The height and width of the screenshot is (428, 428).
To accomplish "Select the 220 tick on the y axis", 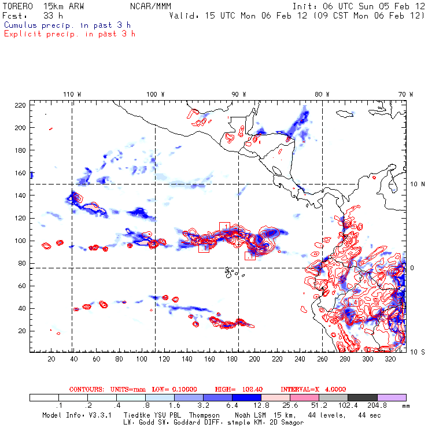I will pos(20,105).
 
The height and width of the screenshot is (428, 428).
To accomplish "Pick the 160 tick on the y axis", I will pos(20,172).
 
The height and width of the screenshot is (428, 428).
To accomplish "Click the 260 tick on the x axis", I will pos(323,359).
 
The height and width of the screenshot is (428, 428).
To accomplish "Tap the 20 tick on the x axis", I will pos(51,359).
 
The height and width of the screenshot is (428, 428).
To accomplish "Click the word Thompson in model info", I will pos(202,415).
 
